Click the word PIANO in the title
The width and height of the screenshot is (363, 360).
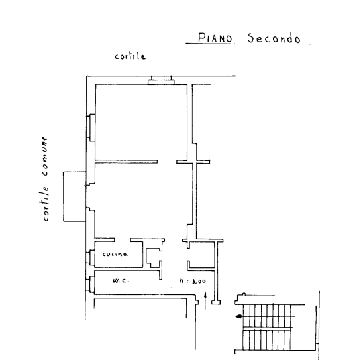tap(215, 38)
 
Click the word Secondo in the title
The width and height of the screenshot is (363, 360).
tap(274, 38)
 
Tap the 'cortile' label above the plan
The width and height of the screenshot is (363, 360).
tap(130, 56)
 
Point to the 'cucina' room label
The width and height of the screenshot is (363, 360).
tap(115, 254)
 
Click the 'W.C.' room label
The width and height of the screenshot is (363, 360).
tap(121, 281)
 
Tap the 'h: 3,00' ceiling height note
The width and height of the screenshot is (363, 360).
tap(192, 281)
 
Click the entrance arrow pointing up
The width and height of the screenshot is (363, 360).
tap(205, 300)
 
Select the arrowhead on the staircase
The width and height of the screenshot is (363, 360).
tap(238, 316)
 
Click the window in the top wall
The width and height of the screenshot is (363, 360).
tap(161, 80)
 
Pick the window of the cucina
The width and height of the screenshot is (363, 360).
tap(91, 257)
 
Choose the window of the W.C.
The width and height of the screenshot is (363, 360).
tap(91, 284)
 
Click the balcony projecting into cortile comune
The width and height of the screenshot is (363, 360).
tap(75, 196)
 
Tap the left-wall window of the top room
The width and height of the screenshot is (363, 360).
tap(91, 127)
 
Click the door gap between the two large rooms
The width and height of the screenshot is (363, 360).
tap(167, 162)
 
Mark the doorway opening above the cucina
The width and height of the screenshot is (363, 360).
tap(123, 240)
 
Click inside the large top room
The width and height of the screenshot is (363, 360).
tap(141, 122)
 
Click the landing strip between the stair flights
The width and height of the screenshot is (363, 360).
tap(268, 328)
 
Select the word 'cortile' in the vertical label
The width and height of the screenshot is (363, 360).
tap(46, 204)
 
